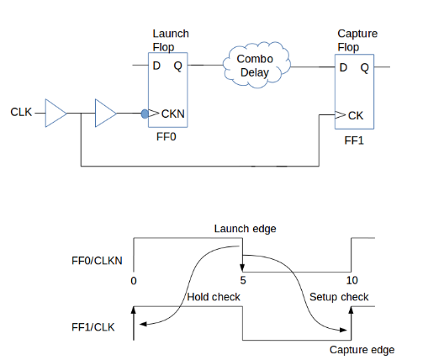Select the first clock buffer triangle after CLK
[x=56, y=112]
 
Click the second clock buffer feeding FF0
[x=107, y=112]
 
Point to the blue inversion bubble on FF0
[x=145, y=112]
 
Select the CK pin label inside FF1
[x=354, y=115]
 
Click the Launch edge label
[x=244, y=228]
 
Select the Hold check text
[x=213, y=297]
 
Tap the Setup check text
[x=338, y=297]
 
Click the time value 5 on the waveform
[x=242, y=280]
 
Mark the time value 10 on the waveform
[x=352, y=279]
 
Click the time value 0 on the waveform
[x=134, y=280]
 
